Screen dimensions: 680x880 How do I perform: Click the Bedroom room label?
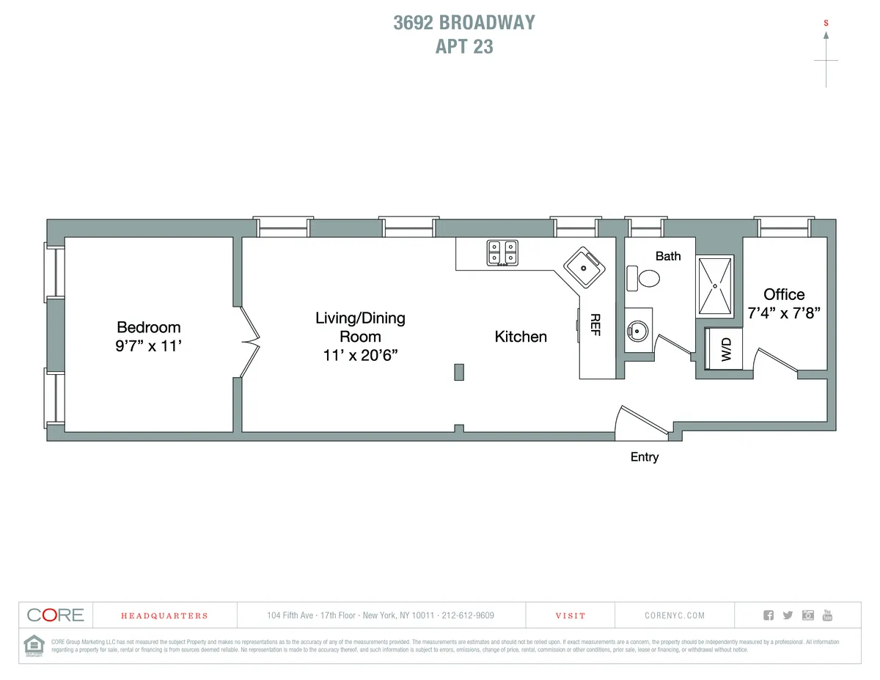pos(149,327)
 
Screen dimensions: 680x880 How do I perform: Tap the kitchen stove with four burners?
pos(502,253)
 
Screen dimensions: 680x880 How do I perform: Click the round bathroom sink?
pos(637,332)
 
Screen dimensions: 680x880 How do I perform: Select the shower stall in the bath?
pos(714,286)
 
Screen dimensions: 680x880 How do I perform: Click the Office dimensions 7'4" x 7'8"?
pos(784,311)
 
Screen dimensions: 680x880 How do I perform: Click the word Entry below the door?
pos(645,457)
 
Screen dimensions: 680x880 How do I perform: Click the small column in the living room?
pos(459,372)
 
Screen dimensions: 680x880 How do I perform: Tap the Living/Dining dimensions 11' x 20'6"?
pos(360,355)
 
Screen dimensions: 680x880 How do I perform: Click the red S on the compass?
pos(826,23)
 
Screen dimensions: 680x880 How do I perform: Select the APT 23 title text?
pos(464,47)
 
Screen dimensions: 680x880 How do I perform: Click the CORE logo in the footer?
pos(56,615)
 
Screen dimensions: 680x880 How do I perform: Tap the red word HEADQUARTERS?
pos(164,615)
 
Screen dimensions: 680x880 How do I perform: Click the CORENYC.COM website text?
pos(675,615)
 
